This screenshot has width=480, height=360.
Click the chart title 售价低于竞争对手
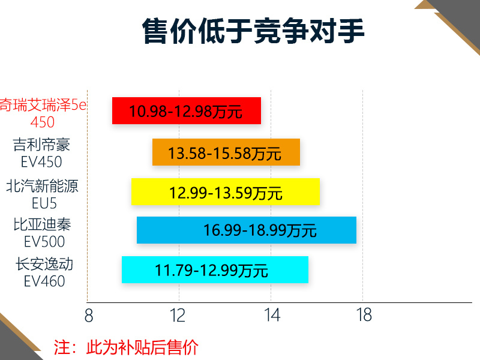(253, 31)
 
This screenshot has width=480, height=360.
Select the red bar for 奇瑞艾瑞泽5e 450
(187, 110)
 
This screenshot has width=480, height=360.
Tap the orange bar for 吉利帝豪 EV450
(226, 152)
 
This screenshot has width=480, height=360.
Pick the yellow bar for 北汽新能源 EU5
(226, 191)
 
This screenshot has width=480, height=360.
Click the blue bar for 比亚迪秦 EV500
(247, 230)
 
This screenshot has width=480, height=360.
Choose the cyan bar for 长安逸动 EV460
(215, 269)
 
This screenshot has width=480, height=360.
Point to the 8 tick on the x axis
(89, 316)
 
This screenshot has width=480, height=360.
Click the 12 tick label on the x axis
(178, 316)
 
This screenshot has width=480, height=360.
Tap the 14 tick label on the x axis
(272, 316)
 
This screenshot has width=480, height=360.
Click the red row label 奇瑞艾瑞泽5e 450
(43, 113)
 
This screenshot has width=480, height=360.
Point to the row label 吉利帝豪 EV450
(41, 153)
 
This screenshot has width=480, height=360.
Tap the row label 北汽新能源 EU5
(42, 194)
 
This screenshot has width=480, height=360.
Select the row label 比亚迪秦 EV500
(43, 233)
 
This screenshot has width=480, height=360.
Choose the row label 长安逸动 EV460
(44, 272)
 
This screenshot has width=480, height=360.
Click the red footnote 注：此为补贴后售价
(126, 347)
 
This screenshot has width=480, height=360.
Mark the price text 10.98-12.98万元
(186, 111)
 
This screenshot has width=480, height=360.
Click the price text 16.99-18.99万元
(260, 230)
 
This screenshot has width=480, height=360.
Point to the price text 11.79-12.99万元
(212, 271)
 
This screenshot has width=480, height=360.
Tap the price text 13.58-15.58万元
(224, 153)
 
